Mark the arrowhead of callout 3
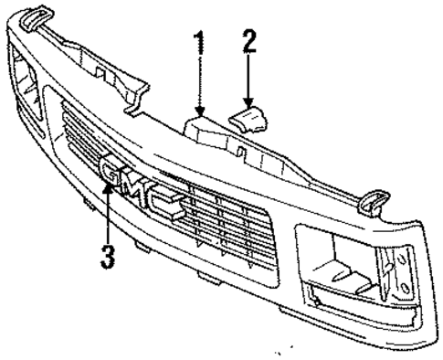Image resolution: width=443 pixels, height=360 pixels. (110, 186)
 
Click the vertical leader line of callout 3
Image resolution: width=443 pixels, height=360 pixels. (110, 219)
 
